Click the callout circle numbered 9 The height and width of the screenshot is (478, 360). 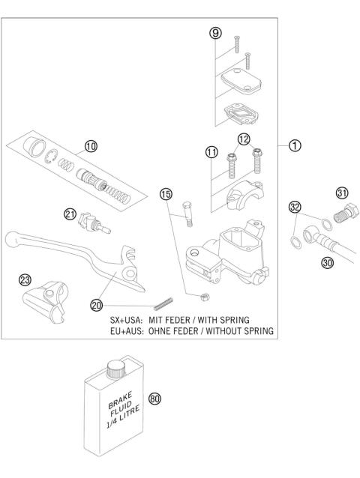(x=215, y=34)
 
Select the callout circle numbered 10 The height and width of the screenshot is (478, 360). (x=91, y=148)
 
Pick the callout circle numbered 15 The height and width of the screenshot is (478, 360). (x=166, y=194)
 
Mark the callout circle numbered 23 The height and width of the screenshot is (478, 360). (x=25, y=279)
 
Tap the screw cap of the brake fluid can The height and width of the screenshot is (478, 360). (x=115, y=368)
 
